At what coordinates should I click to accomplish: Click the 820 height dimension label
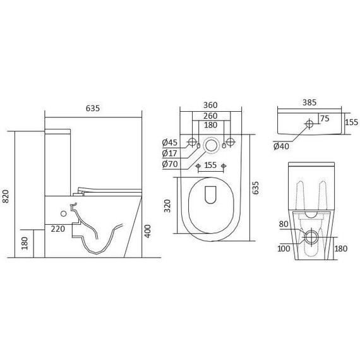(5, 196)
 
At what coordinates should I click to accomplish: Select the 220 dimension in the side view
(58, 229)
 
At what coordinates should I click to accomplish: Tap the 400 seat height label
(148, 231)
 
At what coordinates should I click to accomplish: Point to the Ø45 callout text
(170, 143)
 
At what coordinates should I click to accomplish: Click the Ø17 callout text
(169, 153)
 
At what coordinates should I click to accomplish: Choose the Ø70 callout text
(170, 164)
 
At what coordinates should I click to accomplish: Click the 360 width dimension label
(210, 105)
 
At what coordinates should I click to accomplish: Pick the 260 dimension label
(210, 116)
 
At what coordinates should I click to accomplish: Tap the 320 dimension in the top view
(167, 206)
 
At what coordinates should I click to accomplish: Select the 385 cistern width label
(309, 102)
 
